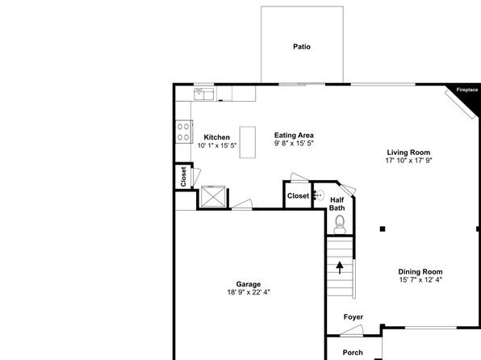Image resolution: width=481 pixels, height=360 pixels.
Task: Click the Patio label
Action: [x=302, y=47]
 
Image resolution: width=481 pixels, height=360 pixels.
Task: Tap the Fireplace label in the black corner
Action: [x=467, y=90]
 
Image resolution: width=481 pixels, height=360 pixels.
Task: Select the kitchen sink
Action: [x=203, y=94]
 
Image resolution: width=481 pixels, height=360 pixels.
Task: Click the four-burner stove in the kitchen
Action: [x=184, y=132]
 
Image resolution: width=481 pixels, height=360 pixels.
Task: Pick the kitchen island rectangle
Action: [x=248, y=142]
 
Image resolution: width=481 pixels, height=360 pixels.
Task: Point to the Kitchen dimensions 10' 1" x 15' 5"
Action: [x=217, y=145]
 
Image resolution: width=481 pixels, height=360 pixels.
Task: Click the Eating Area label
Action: [x=294, y=135]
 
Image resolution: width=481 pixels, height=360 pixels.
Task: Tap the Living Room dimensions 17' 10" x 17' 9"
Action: [x=408, y=160]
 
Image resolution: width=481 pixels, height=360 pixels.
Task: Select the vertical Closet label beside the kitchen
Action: [x=183, y=177]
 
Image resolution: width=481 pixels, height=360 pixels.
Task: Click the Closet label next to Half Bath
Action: [x=298, y=196]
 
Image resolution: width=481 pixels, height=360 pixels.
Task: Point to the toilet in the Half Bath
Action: [x=340, y=224]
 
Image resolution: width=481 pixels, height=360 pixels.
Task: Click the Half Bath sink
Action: [x=319, y=195]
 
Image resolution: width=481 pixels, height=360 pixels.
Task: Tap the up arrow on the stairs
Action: [x=340, y=268]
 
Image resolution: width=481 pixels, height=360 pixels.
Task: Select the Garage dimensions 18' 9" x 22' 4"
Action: [x=249, y=292]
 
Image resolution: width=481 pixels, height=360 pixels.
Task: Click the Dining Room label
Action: [x=420, y=271]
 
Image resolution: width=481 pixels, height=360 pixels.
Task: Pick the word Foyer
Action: [x=353, y=317]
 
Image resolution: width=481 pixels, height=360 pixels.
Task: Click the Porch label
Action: [x=353, y=353]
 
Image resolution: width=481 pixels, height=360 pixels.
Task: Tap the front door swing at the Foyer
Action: [x=352, y=330]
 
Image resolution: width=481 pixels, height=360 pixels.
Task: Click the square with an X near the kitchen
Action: [x=212, y=196]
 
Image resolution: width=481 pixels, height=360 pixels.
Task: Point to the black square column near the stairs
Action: [x=383, y=228]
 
